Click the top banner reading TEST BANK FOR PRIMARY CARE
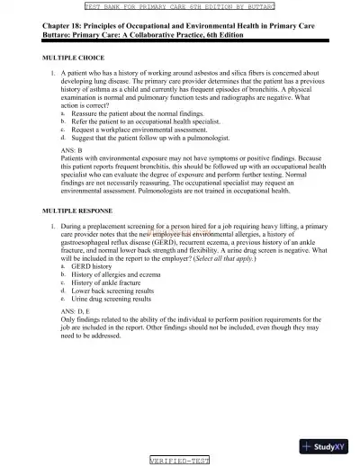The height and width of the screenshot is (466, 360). [180, 5]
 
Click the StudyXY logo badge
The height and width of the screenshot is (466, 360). [328, 445]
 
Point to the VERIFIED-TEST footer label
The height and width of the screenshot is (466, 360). [180, 461]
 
